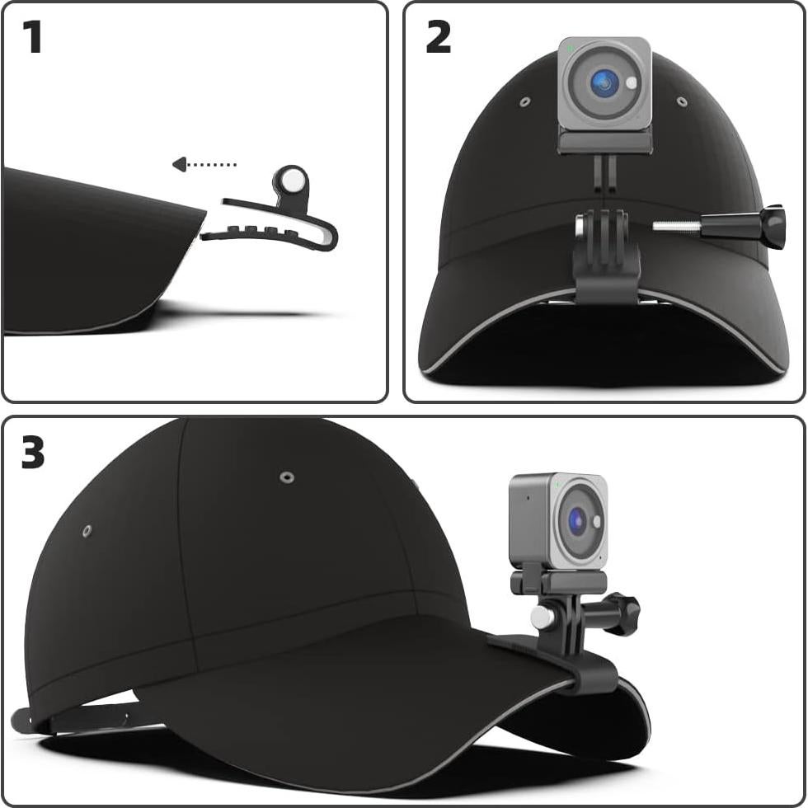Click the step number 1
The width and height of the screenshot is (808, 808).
pyautogui.click(x=32, y=38)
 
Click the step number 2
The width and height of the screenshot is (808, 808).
pyautogui.click(x=438, y=38)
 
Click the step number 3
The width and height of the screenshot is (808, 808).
pyautogui.click(x=33, y=453)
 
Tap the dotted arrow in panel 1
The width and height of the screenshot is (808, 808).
pyautogui.click(x=204, y=165)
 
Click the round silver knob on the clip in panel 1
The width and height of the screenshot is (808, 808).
pyautogui.click(x=291, y=179)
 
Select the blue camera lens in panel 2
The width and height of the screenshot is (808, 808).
pyautogui.click(x=604, y=82)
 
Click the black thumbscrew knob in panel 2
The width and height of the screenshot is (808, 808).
pyautogui.click(x=772, y=227)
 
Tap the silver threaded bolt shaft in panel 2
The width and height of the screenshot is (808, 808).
pyautogui.click(x=676, y=226)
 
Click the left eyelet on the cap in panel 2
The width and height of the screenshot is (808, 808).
pyautogui.click(x=525, y=103)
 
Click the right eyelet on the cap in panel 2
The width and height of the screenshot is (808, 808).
pyautogui.click(x=682, y=101)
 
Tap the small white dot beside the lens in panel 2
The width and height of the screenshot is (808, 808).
pyautogui.click(x=632, y=82)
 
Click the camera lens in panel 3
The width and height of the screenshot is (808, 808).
pyautogui.click(x=577, y=521)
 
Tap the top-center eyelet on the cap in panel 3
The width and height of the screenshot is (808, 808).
pyautogui.click(x=287, y=477)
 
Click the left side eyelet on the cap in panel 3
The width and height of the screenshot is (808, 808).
pyautogui.click(x=87, y=531)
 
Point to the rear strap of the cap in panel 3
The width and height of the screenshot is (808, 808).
pyautogui.click(x=74, y=719)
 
